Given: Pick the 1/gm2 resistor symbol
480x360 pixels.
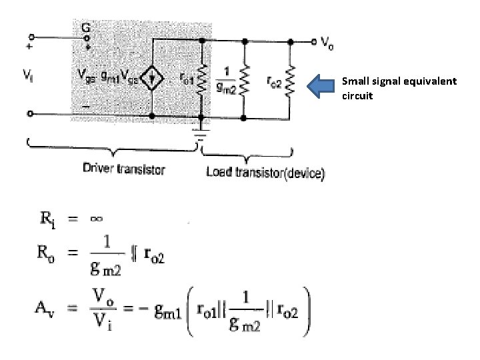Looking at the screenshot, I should (245, 81).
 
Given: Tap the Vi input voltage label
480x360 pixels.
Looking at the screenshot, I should (27, 77).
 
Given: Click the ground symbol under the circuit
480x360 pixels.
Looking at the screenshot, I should (201, 137).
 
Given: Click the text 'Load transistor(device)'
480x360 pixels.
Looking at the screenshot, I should (265, 173).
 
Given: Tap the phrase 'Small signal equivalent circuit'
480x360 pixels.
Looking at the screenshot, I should (399, 88).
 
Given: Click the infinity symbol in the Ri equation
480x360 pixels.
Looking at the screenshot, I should (95, 218).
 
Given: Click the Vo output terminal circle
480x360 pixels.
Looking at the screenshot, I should (313, 41).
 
